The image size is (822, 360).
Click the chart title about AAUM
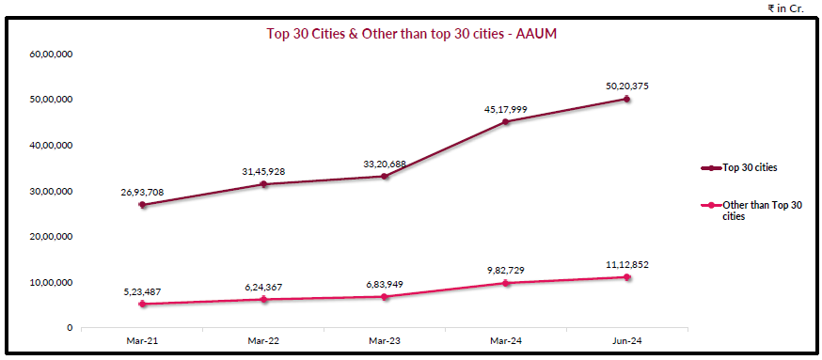point(414,33)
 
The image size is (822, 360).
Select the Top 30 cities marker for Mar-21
point(142,205)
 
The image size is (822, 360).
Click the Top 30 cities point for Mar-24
point(505,121)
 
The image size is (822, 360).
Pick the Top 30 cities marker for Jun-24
point(626,99)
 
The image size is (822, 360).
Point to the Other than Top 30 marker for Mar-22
point(263,299)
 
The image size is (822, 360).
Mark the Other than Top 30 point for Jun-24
point(626,276)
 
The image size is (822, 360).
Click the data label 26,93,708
point(142,193)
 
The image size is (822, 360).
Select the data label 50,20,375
point(626,86)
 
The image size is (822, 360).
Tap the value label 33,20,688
point(385,164)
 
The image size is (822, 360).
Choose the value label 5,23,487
point(142,291)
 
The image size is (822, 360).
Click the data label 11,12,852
point(626,264)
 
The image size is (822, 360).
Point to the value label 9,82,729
point(505,270)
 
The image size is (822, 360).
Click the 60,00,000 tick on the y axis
point(52,54)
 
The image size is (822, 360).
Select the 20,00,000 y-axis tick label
point(52,236)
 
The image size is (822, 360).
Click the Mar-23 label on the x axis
point(385,340)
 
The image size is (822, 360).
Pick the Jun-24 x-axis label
point(626,340)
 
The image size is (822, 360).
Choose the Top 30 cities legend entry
point(749,167)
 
